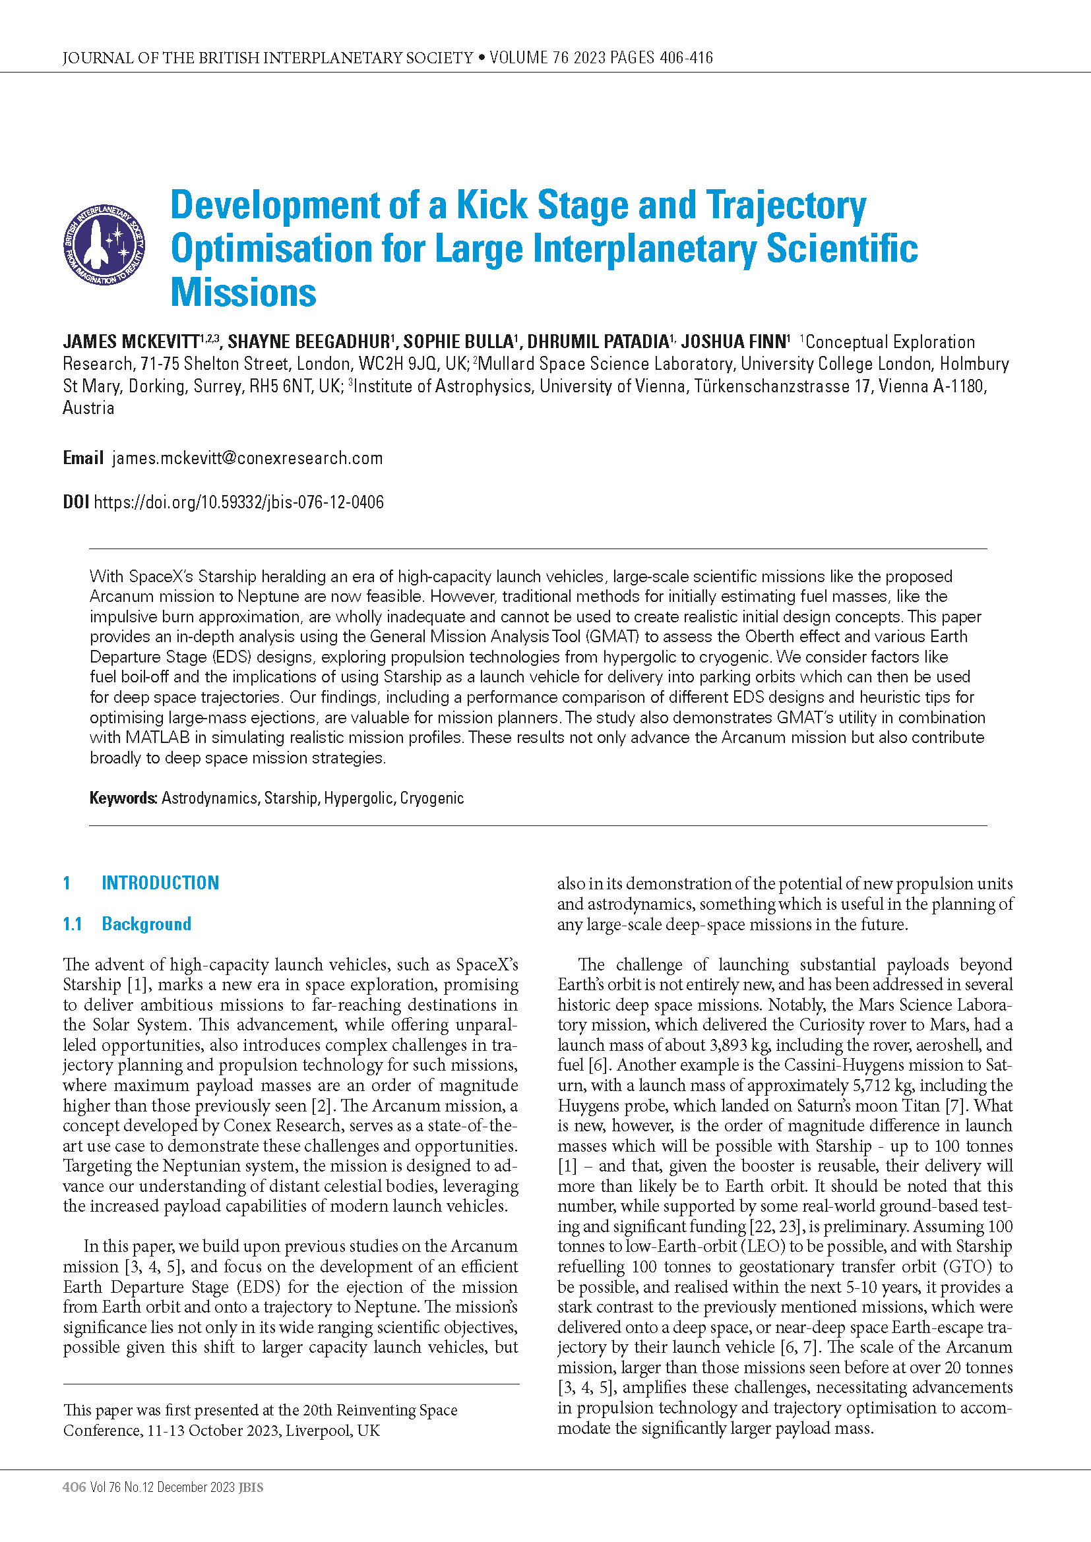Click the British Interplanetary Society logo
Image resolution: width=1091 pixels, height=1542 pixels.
click(104, 245)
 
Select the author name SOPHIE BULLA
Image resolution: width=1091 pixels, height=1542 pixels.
click(458, 342)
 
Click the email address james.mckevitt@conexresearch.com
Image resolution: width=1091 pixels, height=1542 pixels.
click(247, 458)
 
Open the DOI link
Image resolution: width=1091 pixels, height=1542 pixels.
click(239, 502)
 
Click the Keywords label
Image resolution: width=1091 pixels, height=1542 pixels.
click(123, 798)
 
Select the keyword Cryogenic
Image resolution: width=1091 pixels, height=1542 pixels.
click(432, 798)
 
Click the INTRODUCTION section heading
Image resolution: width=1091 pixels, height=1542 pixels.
click(160, 883)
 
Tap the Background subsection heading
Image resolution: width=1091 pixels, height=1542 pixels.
click(146, 924)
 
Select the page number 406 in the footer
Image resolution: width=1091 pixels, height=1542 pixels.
click(74, 1487)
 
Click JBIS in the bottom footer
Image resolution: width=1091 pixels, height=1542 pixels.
click(251, 1487)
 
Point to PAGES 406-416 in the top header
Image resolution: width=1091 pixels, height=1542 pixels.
click(661, 58)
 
